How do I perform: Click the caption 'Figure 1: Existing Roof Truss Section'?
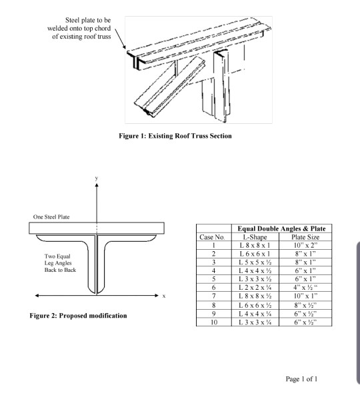tap(180, 137)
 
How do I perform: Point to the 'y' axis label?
tap(96, 179)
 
